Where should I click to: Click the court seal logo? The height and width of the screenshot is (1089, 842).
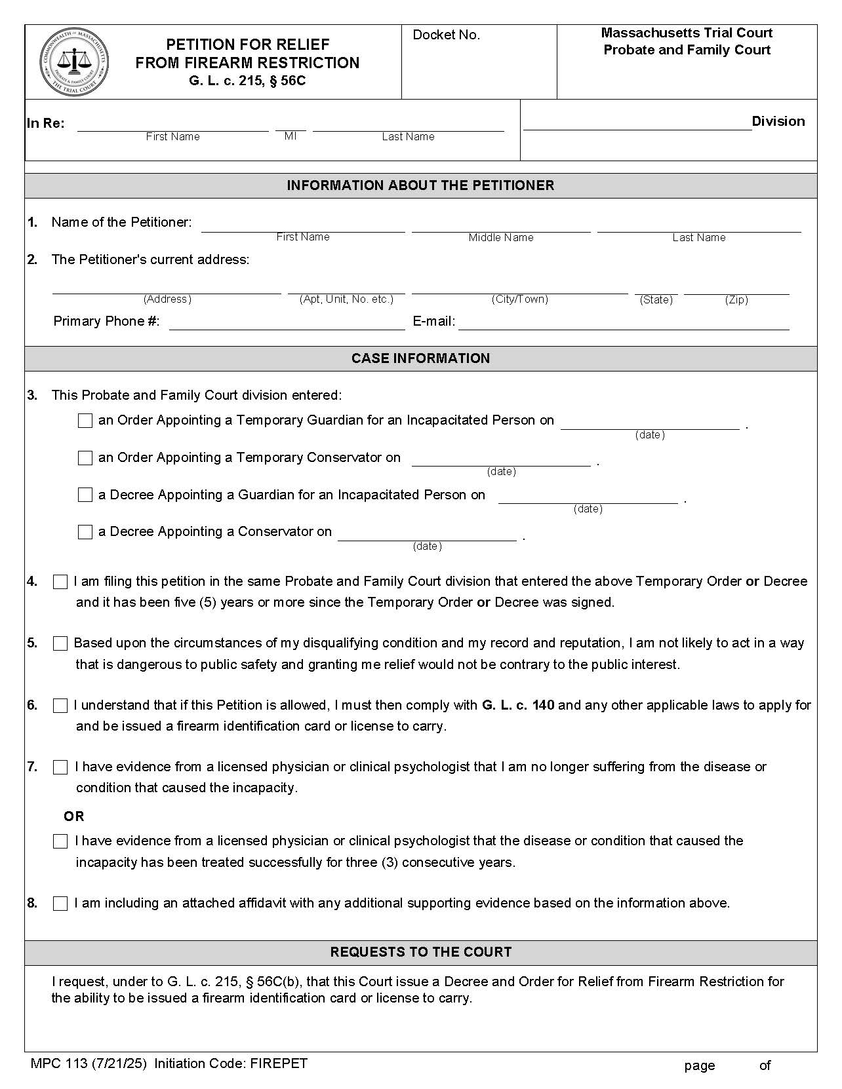73,62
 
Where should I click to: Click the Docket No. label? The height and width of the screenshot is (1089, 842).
446,35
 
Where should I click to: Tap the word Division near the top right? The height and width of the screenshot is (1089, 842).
778,121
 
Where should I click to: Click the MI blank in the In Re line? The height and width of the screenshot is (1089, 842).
291,126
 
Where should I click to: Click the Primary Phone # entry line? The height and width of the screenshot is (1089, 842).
287,324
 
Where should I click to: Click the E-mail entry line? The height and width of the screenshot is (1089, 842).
623,324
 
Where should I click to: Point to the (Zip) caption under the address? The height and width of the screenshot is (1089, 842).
736,300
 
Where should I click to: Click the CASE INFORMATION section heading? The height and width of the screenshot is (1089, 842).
420,358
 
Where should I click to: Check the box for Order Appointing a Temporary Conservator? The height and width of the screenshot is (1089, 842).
85,458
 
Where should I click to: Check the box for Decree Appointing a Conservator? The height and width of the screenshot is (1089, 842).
85,532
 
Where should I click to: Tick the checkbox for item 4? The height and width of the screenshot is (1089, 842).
60,582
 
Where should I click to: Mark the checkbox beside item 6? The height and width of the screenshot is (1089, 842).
60,706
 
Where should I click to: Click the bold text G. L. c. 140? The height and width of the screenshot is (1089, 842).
518,705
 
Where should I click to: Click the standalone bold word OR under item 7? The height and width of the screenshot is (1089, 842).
74,816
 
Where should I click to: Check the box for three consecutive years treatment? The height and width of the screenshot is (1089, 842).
60,841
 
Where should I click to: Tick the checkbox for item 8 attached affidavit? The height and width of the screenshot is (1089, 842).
60,904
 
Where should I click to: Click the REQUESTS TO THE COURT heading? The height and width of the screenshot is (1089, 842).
420,952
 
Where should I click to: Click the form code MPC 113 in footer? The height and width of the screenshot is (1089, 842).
59,1063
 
